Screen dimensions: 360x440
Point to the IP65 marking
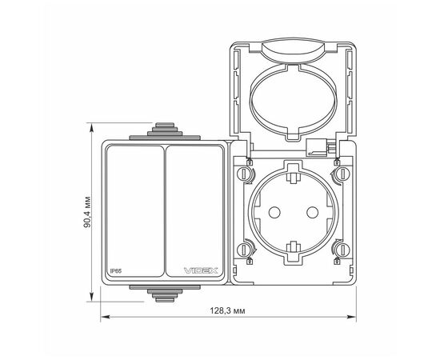tap(115, 272)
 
